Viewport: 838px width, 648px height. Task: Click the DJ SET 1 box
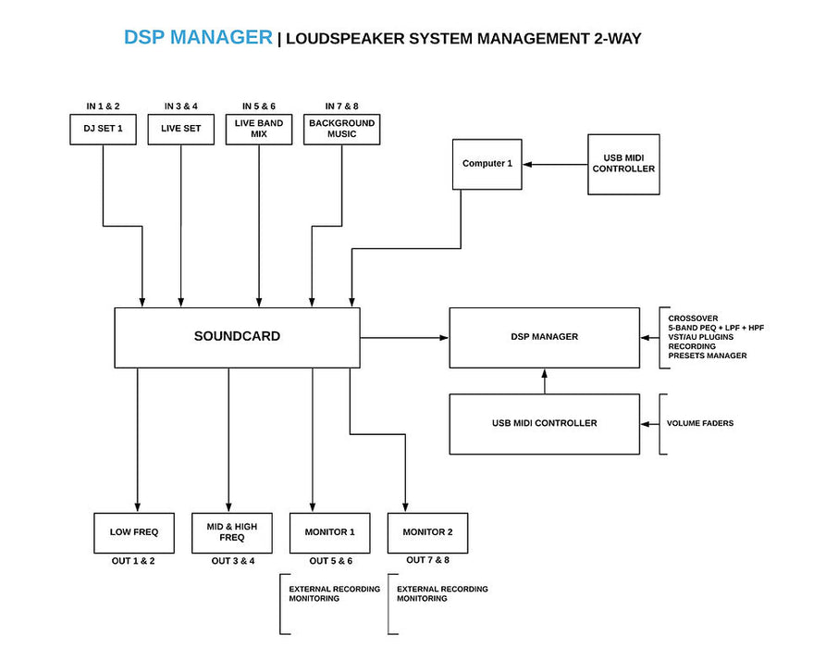pyautogui.click(x=104, y=129)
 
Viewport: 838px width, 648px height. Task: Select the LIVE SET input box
pyautogui.click(x=181, y=129)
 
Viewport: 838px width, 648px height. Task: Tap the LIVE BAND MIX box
pyautogui.click(x=259, y=129)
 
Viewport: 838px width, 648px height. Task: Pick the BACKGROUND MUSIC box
pyautogui.click(x=341, y=129)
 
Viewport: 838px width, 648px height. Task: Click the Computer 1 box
pyautogui.click(x=487, y=165)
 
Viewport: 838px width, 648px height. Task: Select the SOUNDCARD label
pyautogui.click(x=237, y=337)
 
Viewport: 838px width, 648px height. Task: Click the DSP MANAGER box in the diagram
pyautogui.click(x=544, y=337)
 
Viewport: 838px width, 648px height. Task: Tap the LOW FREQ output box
pyautogui.click(x=135, y=532)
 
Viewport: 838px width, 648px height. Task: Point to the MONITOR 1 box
pyautogui.click(x=329, y=532)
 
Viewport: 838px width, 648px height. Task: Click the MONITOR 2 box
pyautogui.click(x=427, y=533)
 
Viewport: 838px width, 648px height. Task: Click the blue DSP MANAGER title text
pyautogui.click(x=198, y=38)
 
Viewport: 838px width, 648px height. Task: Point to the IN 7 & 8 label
pyautogui.click(x=342, y=106)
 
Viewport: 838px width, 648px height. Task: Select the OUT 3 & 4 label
pyautogui.click(x=232, y=561)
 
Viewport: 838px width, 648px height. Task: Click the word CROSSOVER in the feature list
pyautogui.click(x=693, y=318)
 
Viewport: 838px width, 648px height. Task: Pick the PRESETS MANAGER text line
pyautogui.click(x=708, y=355)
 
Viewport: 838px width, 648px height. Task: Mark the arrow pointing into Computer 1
pyautogui.click(x=556, y=165)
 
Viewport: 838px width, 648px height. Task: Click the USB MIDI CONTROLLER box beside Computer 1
pyautogui.click(x=623, y=164)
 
